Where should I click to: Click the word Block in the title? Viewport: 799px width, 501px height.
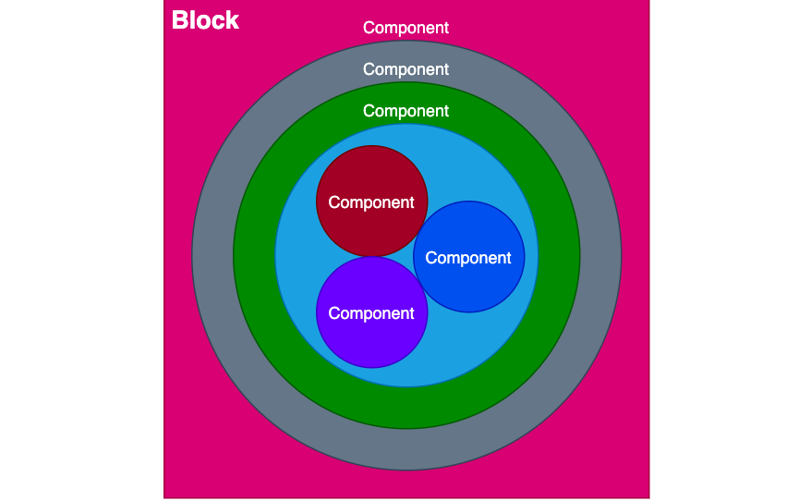pyautogui.click(x=205, y=20)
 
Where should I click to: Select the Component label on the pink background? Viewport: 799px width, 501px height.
pyautogui.click(x=406, y=28)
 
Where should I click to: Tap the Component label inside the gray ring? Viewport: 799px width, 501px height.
pyautogui.click(x=406, y=69)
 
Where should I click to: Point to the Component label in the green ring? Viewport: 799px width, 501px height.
pyautogui.click(x=406, y=111)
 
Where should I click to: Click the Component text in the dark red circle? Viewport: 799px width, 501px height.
pyautogui.click(x=371, y=202)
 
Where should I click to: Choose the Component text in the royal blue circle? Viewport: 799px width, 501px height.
pyautogui.click(x=468, y=258)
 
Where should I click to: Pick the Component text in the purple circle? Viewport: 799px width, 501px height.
pyautogui.click(x=371, y=313)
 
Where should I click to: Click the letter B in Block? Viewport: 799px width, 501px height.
pyautogui.click(x=180, y=20)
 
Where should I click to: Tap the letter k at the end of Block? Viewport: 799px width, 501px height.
pyautogui.click(x=233, y=20)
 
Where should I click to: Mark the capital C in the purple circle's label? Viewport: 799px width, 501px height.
pyautogui.click(x=334, y=313)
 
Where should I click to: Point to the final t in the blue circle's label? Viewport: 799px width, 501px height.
pyautogui.click(x=509, y=258)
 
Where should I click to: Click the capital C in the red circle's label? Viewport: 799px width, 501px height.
pyautogui.click(x=334, y=202)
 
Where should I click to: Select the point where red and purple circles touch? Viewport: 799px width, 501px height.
pyautogui.click(x=371, y=257)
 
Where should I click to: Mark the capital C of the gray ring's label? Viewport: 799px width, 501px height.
pyautogui.click(x=369, y=69)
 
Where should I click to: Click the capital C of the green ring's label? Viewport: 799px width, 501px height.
pyautogui.click(x=369, y=111)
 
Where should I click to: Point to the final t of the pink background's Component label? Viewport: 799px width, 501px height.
pyautogui.click(x=446, y=28)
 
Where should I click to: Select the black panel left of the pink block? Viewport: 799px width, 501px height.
pyautogui.click(x=81, y=250)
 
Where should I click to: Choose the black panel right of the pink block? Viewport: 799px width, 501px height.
pyautogui.click(x=724, y=250)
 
